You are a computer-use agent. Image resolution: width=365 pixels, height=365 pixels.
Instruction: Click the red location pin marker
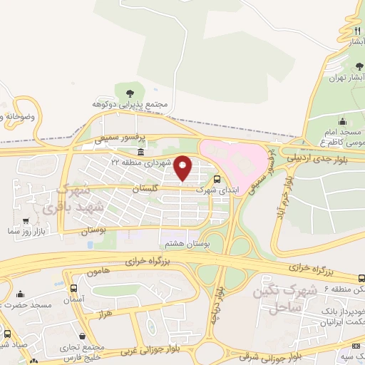pyautogui.click(x=183, y=168)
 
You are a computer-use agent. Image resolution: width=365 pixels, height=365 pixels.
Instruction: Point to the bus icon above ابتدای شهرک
pyautogui.click(x=217, y=180)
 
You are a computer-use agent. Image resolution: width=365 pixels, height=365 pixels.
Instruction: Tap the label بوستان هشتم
pyautogui.click(x=185, y=244)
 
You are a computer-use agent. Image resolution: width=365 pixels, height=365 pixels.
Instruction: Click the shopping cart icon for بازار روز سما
pyautogui.click(x=26, y=222)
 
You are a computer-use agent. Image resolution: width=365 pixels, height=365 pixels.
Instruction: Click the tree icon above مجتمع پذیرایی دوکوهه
pyautogui.click(x=130, y=93)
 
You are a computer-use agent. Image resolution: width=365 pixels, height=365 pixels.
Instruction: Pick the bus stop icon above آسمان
pyautogui.click(x=74, y=288)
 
